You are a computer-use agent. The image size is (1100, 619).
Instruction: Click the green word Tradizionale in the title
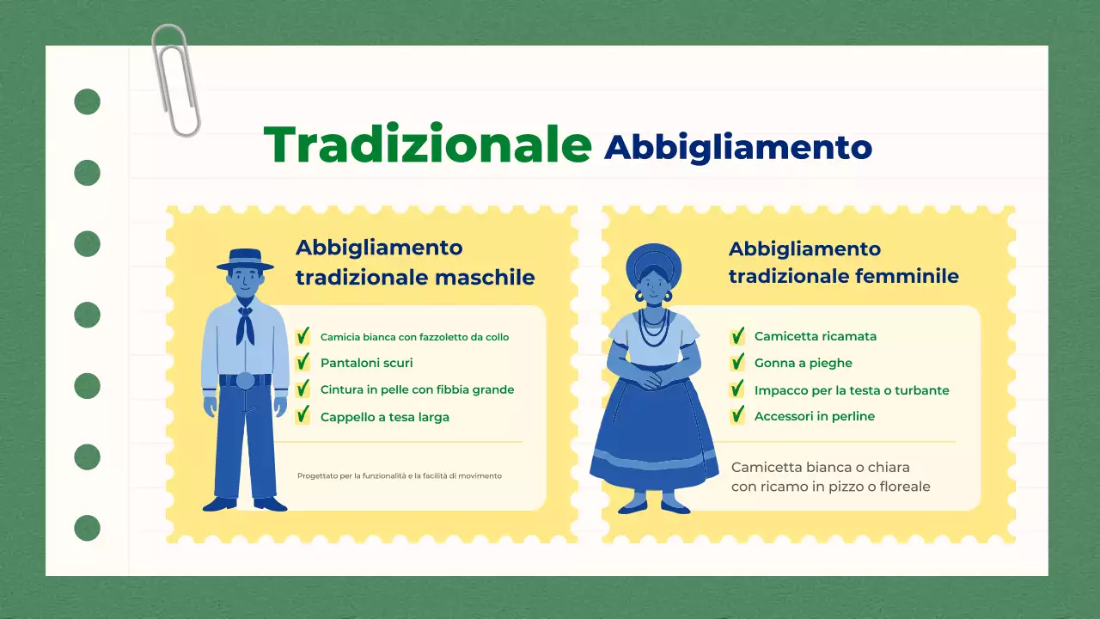(x=427, y=144)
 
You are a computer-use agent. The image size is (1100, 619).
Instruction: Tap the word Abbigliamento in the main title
(x=737, y=147)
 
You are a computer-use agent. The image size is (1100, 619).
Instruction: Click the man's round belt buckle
(x=245, y=381)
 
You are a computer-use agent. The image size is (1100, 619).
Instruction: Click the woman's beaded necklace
(x=654, y=327)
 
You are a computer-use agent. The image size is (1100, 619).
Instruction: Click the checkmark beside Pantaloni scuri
(x=302, y=363)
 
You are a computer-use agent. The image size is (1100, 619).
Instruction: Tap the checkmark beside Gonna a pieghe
(x=737, y=363)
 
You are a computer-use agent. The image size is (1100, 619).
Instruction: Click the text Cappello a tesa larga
(x=384, y=417)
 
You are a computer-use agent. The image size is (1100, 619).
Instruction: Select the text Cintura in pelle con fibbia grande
(x=417, y=389)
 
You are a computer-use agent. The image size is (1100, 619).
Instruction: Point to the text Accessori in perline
(x=814, y=416)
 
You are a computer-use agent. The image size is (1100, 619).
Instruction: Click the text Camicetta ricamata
(x=815, y=336)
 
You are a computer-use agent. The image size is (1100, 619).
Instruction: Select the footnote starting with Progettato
(x=399, y=475)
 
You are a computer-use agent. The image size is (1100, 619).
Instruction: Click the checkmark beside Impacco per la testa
(x=737, y=389)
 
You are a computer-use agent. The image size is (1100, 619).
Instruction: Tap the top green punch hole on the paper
(x=87, y=102)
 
